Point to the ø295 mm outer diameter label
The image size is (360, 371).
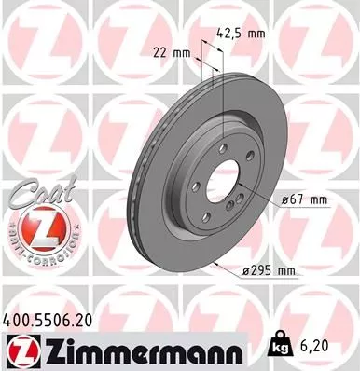pos(269,270)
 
